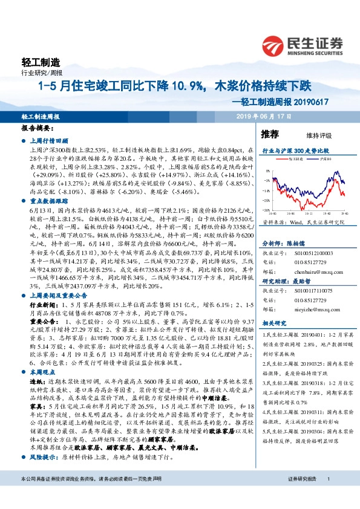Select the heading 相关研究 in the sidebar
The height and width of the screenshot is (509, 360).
(273, 324)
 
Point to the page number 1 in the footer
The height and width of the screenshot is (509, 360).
(327, 495)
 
